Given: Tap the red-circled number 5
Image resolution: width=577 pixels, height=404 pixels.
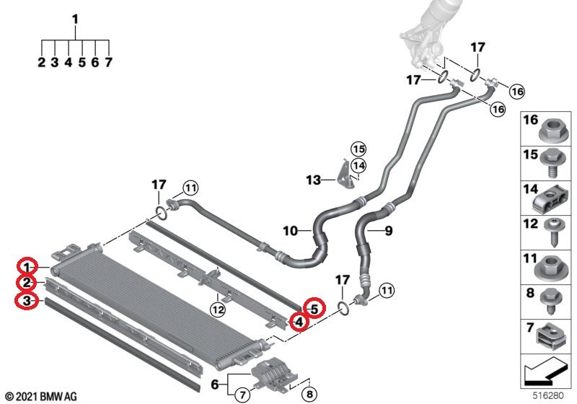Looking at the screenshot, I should click(313, 308).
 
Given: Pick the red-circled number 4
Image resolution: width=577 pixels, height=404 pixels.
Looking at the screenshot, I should click(297, 322).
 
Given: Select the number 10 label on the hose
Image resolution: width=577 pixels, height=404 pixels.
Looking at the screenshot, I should click(290, 232).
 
